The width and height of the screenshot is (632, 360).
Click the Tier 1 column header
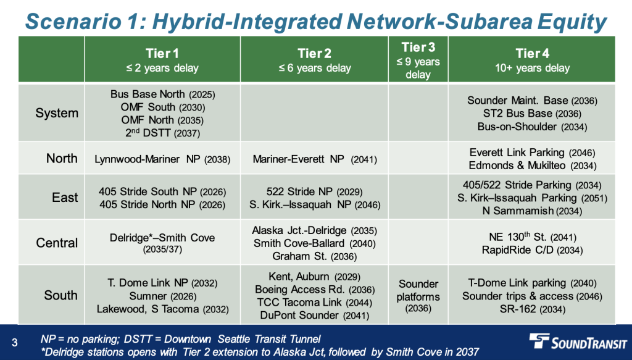tap(162, 60)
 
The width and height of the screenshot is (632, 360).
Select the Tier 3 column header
tap(418, 60)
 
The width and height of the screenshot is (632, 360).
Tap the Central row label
tap(57, 243)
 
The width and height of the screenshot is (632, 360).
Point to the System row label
tap(57, 113)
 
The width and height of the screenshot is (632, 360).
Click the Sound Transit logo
tap(578, 342)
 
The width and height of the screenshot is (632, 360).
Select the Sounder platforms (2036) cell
tap(418, 296)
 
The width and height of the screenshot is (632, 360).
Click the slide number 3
tap(15, 343)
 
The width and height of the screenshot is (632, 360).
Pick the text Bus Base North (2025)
tap(162, 94)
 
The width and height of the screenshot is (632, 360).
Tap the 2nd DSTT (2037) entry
tap(162, 133)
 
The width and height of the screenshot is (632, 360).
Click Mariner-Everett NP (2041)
tap(315, 159)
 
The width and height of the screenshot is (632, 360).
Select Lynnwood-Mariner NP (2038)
tap(162, 159)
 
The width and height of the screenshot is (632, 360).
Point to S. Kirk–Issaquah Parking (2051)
tap(532, 198)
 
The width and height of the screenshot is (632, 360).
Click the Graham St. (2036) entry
tap(314, 256)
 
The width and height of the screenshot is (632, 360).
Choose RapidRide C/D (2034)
tap(532, 250)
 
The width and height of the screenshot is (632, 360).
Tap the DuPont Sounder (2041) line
tap(314, 316)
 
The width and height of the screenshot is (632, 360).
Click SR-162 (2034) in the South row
tap(532, 309)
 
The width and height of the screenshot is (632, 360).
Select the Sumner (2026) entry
tap(162, 296)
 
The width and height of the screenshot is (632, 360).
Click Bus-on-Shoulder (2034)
tap(532, 127)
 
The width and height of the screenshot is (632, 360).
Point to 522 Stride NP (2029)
tap(314, 191)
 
